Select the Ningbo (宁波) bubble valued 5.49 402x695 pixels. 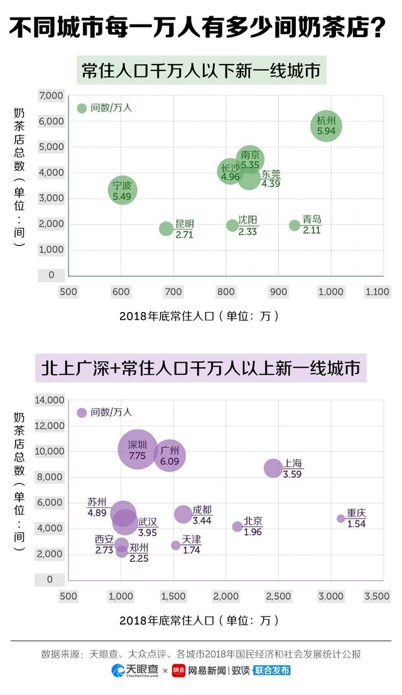click(x=122, y=190)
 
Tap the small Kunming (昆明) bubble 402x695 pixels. click(x=166, y=229)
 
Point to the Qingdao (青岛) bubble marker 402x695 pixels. click(x=295, y=225)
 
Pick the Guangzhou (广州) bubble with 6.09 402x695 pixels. click(x=170, y=455)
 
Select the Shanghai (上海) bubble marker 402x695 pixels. click(x=273, y=468)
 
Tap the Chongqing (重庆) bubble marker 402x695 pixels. click(x=341, y=519)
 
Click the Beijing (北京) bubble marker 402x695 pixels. click(x=237, y=526)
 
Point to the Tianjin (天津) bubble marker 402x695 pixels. click(x=176, y=545)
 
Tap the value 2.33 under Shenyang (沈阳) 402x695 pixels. click(x=247, y=232)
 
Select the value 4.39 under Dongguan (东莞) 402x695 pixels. click(x=271, y=184)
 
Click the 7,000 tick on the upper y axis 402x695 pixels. click(x=51, y=95)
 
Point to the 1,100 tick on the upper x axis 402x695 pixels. click(x=377, y=291)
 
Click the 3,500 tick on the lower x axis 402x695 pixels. click(x=377, y=596)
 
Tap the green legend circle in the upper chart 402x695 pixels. click(x=82, y=108)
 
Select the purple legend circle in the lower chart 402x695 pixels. click(x=82, y=412)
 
